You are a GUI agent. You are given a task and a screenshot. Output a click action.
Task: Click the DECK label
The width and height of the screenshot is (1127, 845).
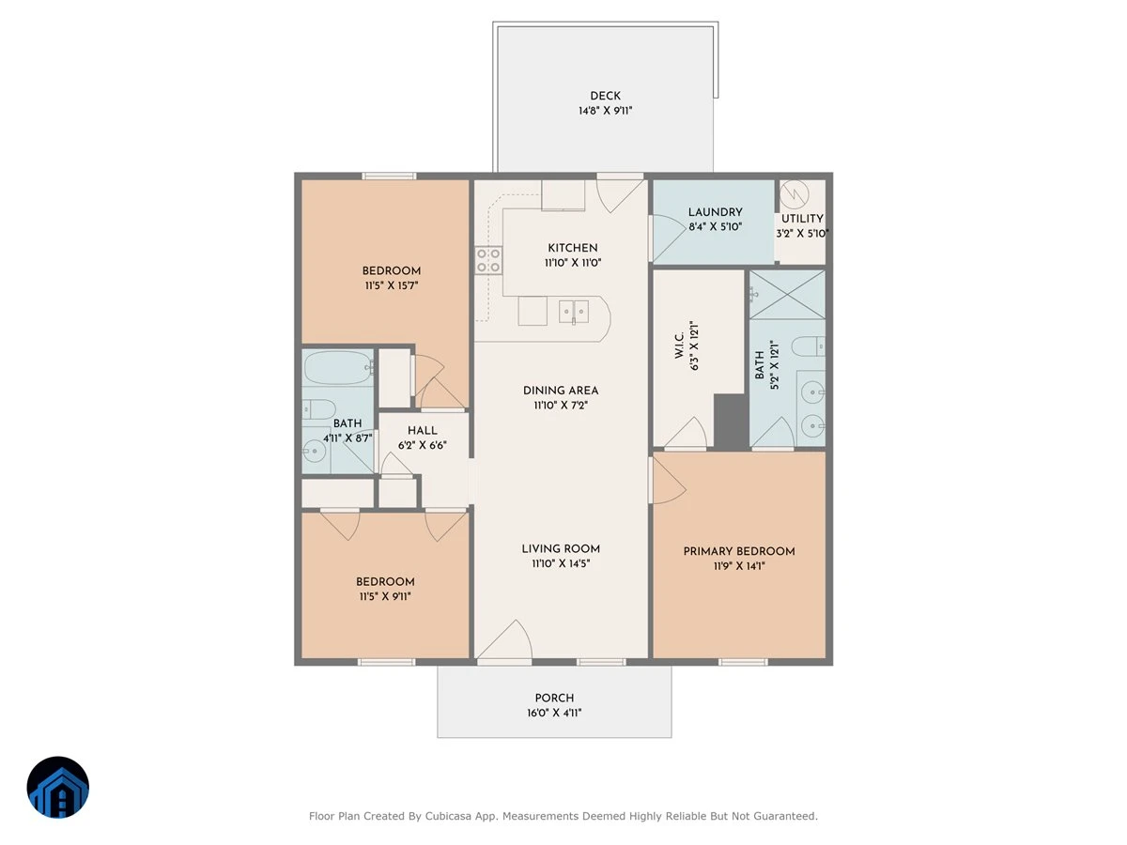pyautogui.click(x=606, y=96)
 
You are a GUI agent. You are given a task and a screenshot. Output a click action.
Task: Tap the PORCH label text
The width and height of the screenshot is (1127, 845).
pyautogui.click(x=554, y=699)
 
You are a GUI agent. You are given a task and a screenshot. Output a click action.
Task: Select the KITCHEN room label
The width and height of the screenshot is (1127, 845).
pyautogui.click(x=573, y=248)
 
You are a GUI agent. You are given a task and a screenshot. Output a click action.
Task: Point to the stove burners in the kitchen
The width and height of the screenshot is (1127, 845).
pyautogui.click(x=488, y=260)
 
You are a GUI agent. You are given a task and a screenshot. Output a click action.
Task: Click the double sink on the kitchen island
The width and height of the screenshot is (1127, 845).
pyautogui.click(x=574, y=312)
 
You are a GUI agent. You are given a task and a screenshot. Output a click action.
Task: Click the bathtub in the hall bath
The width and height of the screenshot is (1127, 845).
pyautogui.click(x=338, y=367)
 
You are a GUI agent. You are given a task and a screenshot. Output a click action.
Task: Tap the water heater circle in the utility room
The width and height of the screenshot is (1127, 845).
pyautogui.click(x=794, y=194)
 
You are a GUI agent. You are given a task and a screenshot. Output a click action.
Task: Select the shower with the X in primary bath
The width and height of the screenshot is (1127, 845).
pyautogui.click(x=787, y=295)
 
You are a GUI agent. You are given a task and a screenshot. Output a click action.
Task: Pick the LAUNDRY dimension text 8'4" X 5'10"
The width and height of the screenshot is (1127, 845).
pyautogui.click(x=716, y=227)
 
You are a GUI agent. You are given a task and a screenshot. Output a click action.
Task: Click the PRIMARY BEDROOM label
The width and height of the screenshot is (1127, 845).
pyautogui.click(x=739, y=551)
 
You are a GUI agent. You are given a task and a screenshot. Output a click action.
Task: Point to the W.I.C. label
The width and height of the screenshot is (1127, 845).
pyautogui.click(x=679, y=345)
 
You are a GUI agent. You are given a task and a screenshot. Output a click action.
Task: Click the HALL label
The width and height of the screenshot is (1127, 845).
pyautogui.click(x=423, y=431)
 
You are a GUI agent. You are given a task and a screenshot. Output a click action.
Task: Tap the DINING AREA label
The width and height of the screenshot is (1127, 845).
pyautogui.click(x=561, y=391)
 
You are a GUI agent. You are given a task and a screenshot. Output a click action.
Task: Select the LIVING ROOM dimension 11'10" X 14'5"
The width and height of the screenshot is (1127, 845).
pyautogui.click(x=561, y=563)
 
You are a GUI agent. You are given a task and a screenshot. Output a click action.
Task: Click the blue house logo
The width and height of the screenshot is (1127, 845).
pyautogui.click(x=58, y=787)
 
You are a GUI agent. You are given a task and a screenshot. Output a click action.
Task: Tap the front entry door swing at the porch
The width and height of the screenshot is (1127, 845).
pyautogui.click(x=505, y=639)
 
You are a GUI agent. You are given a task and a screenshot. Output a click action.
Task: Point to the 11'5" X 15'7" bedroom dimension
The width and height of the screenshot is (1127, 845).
pyautogui.click(x=392, y=285)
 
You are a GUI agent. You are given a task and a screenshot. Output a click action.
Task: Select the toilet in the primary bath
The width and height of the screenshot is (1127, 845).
pyautogui.click(x=809, y=346)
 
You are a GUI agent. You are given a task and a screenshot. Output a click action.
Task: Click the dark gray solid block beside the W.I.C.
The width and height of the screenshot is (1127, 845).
pyautogui.click(x=731, y=422)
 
